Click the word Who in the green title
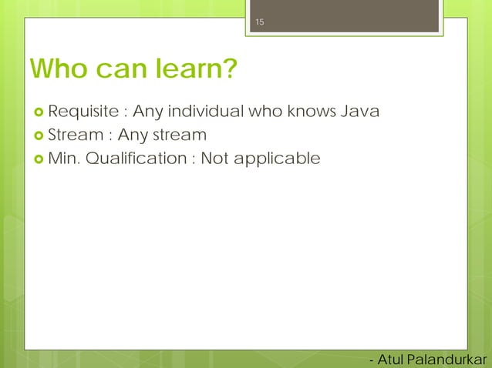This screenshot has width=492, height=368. click(x=59, y=71)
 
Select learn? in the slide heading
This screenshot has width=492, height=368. click(x=196, y=71)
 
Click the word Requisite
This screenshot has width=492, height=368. click(x=81, y=112)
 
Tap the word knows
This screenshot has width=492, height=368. click(x=312, y=112)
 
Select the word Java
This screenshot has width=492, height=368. click(x=359, y=112)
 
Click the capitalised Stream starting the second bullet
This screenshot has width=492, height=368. click(x=74, y=135)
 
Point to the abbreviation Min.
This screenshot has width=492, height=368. click(x=64, y=159)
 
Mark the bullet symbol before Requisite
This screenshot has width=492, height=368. click(x=36, y=113)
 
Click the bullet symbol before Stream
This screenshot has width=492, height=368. click(x=36, y=136)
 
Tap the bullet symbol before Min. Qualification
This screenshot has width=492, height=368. click(x=36, y=159)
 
